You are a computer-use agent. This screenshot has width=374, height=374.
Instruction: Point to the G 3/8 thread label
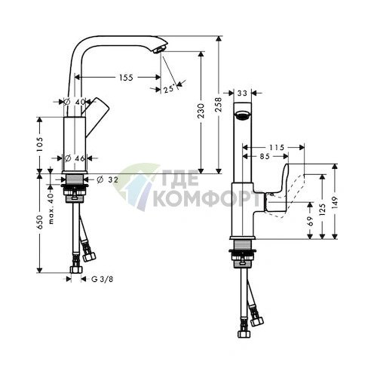click(x=97, y=280)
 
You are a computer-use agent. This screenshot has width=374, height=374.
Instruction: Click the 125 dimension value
click(x=324, y=206)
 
